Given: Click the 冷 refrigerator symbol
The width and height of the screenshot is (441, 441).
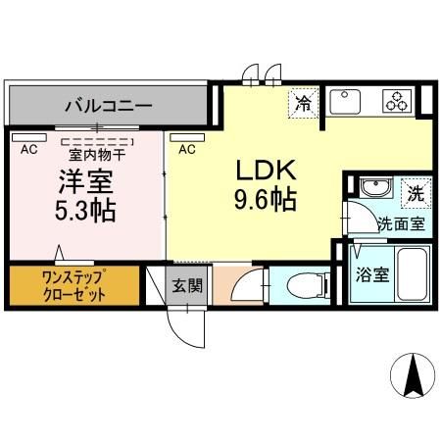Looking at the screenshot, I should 303,101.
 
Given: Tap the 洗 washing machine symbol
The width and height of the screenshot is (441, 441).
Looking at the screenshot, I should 415,193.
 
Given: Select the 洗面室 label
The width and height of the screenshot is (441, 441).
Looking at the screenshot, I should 402,223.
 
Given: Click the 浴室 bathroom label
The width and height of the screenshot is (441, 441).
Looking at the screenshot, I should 372,274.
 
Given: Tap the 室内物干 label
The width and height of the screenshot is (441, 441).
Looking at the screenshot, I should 95,153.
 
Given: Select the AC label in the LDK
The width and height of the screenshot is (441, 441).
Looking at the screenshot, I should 187,150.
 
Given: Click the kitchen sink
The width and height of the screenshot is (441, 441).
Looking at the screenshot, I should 348,101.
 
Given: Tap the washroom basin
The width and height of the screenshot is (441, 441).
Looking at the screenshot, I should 371,189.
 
